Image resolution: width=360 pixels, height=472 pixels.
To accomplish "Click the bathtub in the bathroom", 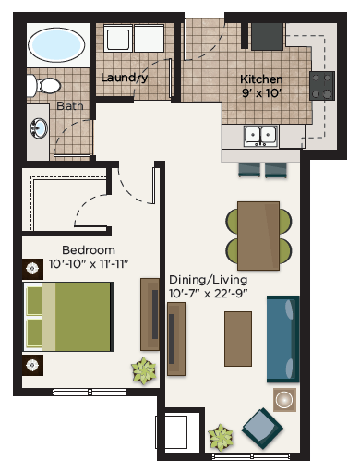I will [56, 43].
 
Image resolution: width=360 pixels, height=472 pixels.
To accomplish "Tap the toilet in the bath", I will [43, 86].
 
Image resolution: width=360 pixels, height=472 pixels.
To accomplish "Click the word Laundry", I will [125, 79].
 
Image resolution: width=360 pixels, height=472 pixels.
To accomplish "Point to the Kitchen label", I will [261, 79].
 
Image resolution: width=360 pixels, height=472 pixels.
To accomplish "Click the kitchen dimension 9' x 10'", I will [261, 92].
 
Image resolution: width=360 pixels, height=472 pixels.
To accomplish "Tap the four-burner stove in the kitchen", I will [322, 86].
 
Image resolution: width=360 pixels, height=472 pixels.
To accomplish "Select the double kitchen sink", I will [260, 136].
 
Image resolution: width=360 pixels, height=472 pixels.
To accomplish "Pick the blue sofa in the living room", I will [282, 338].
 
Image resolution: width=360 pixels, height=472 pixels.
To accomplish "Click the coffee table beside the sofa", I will [238, 338].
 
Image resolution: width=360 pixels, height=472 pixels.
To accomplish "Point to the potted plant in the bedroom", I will [143, 371].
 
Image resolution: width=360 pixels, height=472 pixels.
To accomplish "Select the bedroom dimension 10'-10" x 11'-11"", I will [89, 265].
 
